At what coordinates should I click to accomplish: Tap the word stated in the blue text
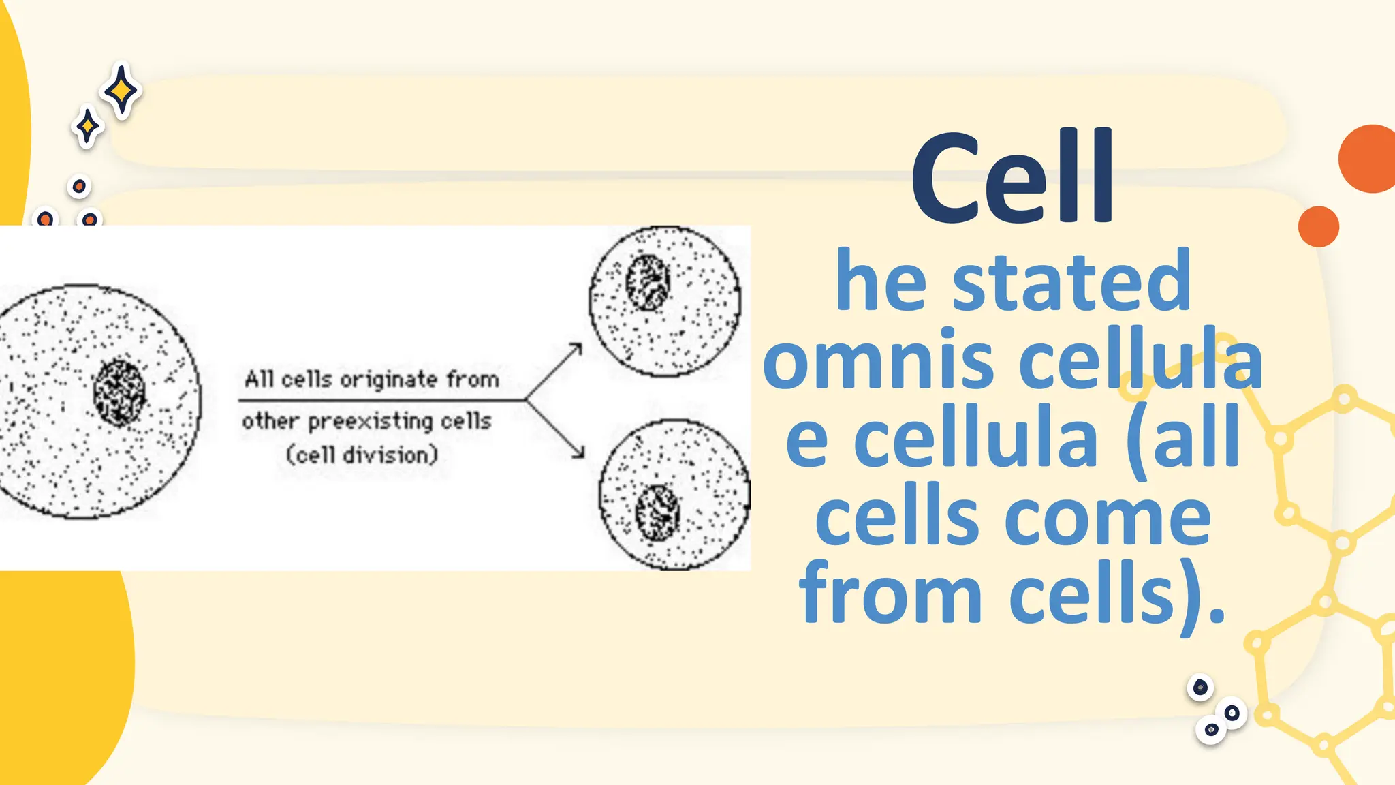(1071, 281)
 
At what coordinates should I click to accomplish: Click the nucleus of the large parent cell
(119, 393)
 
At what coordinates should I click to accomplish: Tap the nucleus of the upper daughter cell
(647, 282)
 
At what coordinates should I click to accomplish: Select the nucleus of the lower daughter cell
(657, 512)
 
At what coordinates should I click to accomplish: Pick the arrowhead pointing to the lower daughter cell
(580, 452)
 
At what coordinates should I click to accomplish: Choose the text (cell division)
(362, 455)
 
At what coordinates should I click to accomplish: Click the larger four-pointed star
(121, 91)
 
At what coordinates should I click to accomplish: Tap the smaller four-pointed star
(87, 127)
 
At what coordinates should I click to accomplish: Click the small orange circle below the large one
(1318, 226)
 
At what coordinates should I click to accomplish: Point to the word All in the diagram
(259, 379)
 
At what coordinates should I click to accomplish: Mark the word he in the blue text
(881, 281)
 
